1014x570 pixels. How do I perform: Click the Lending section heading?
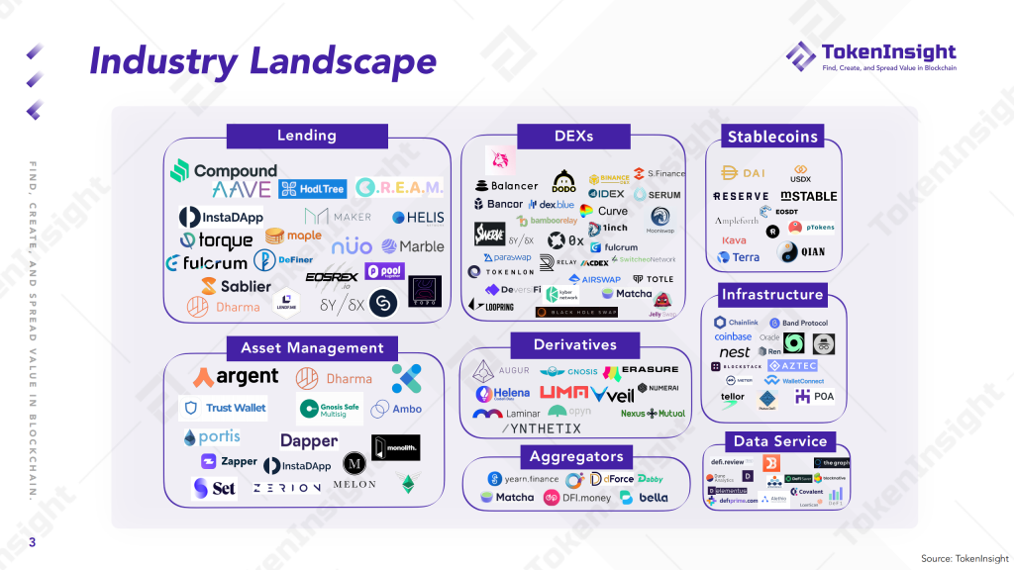(306, 136)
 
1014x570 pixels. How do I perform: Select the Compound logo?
(224, 171)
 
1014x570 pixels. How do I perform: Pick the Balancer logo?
(507, 185)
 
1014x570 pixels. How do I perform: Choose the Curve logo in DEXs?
(605, 211)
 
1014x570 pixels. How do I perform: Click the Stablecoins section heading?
(773, 138)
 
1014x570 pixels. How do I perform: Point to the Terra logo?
(739, 257)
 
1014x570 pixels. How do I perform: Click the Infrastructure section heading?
(772, 294)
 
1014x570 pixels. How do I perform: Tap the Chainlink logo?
(737, 323)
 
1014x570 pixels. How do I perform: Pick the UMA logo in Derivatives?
(563, 394)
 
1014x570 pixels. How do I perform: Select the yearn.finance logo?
(524, 479)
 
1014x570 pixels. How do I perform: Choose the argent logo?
(237, 377)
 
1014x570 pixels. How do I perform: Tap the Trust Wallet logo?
(224, 408)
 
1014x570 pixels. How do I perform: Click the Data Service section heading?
(779, 441)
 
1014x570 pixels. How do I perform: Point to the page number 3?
(32, 542)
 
